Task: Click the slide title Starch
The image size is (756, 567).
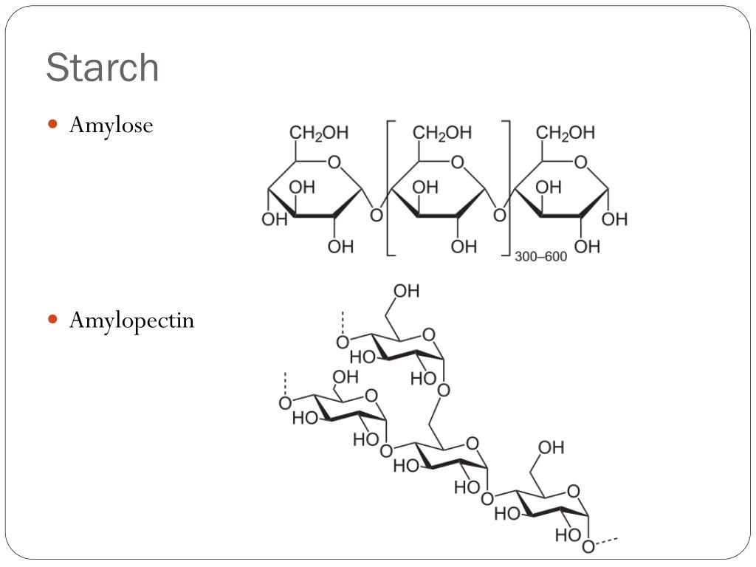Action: [x=102, y=68]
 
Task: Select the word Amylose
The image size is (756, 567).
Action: [x=111, y=126]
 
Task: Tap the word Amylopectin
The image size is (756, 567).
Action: [x=131, y=320]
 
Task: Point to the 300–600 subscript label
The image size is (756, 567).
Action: [x=540, y=257]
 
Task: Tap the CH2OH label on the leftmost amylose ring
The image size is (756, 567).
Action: [x=319, y=133]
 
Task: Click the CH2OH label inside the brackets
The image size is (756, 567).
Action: [x=442, y=133]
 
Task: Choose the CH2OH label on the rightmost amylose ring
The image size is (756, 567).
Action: [x=566, y=133]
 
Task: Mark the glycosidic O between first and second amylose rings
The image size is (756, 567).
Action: [x=377, y=215]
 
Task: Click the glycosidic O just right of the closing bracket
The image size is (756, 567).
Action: [x=500, y=215]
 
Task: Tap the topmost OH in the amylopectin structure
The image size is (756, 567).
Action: [x=406, y=291]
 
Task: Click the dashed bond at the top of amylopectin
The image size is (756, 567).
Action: [x=342, y=323]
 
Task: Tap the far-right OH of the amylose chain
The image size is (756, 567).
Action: [x=614, y=219]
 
